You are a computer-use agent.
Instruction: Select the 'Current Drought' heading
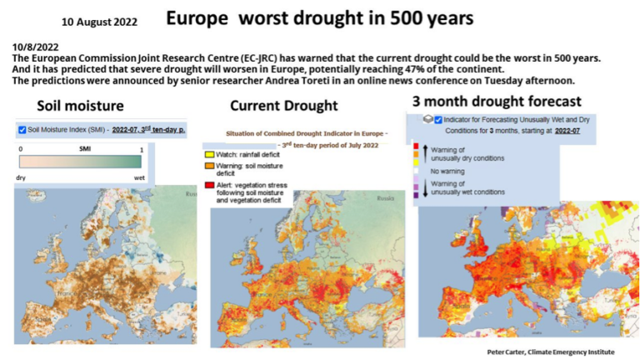click(x=283, y=106)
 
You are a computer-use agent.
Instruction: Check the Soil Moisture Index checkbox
click(x=22, y=130)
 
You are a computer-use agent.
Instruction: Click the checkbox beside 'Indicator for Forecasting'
click(x=438, y=120)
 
